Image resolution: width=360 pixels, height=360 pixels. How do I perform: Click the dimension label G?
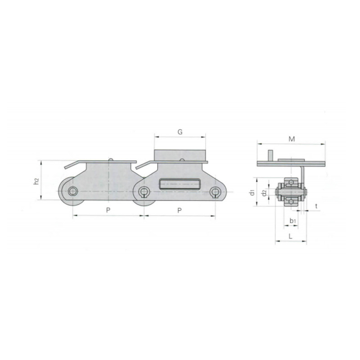(x=180, y=132)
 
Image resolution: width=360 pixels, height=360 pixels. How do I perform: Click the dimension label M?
(x=292, y=139)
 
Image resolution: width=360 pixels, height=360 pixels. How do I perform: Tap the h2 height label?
(x=36, y=181)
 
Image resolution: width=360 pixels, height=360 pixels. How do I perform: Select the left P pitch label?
(x=108, y=210)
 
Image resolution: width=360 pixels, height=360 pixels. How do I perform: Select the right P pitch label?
(x=180, y=210)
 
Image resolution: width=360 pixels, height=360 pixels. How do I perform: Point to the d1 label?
(x=252, y=193)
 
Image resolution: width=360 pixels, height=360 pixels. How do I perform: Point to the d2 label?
(x=265, y=193)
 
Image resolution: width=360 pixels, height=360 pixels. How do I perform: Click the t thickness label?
(x=316, y=206)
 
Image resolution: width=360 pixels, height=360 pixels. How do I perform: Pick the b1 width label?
(x=292, y=221)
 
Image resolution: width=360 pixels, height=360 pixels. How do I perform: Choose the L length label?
(x=290, y=236)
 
